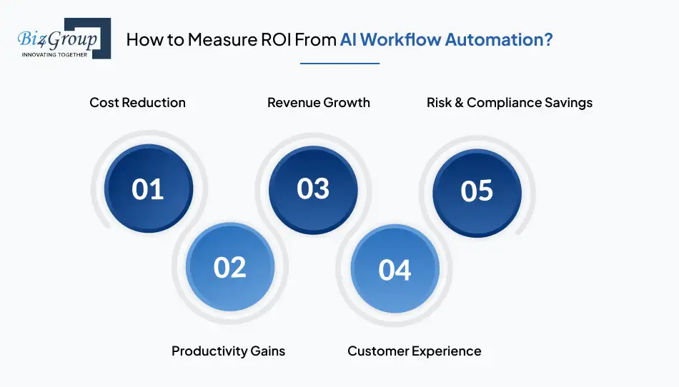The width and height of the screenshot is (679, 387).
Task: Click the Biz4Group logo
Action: click(x=64, y=39)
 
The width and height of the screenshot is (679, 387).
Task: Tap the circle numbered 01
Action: click(x=149, y=189)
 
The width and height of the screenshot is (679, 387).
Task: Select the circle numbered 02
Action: click(x=230, y=267)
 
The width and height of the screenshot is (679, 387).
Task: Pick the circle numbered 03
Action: click(x=313, y=190)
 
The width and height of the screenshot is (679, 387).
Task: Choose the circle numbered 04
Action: click(x=395, y=269)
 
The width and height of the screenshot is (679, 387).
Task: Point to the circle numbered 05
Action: click(x=477, y=193)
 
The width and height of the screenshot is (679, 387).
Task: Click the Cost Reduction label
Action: click(x=137, y=103)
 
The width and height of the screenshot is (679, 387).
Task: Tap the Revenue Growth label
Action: click(x=318, y=103)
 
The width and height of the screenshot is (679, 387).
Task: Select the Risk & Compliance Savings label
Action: click(x=509, y=103)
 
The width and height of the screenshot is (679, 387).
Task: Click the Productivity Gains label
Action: click(x=228, y=351)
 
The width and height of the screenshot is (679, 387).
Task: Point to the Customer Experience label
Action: click(x=414, y=351)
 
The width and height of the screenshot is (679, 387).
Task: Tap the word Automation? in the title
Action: click(x=499, y=40)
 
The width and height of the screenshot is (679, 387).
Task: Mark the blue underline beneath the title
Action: click(x=340, y=64)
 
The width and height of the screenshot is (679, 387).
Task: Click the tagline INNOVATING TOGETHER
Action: click(x=54, y=54)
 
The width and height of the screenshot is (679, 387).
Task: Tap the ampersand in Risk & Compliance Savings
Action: click(x=459, y=103)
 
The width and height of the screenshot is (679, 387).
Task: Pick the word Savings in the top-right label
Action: click(x=569, y=103)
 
